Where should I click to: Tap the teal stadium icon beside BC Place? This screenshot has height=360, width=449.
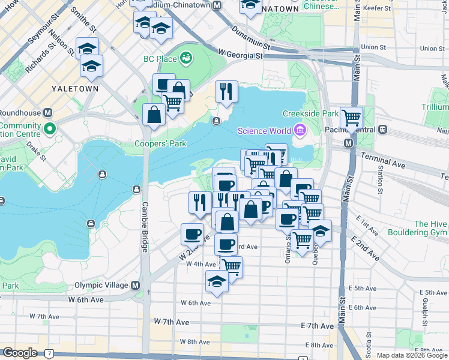187,58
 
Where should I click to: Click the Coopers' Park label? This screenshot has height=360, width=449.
169,143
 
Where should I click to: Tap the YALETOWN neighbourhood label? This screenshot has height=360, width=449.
75,88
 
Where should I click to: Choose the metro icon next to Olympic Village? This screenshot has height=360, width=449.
135,285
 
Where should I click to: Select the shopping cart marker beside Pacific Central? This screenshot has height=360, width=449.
351,118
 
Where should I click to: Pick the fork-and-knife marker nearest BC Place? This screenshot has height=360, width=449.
226,92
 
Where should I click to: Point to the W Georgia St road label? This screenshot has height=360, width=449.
241,55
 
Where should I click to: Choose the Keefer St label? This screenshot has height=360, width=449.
430,9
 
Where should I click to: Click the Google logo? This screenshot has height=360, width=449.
20,353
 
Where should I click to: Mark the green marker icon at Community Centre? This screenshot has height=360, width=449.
50,128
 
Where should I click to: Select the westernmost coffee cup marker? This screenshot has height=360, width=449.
193,233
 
